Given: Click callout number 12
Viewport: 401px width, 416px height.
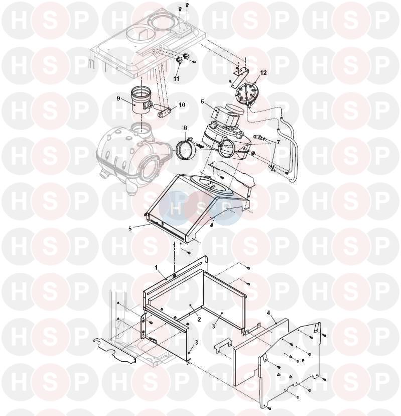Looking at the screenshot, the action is point(263,73).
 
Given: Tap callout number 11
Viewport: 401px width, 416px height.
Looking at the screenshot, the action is point(176,79).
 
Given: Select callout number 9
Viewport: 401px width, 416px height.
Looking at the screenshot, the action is point(118,98).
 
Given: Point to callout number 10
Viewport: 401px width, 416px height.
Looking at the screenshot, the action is point(182,105).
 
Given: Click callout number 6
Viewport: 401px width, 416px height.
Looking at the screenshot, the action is point(202,101).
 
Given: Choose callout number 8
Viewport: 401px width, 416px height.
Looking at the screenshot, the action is point(185,128).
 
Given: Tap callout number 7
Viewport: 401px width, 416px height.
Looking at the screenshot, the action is point(278,143).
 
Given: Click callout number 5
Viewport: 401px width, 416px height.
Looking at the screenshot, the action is point(130,229).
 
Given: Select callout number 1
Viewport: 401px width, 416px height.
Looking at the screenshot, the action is point(157,268).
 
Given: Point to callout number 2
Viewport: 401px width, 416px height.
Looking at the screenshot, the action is point(199,319).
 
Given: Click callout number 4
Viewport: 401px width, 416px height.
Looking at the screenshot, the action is point(268,314).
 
